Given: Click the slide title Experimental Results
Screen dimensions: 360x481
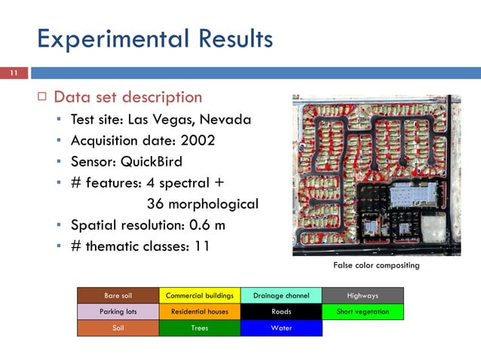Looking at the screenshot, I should tap(155, 38).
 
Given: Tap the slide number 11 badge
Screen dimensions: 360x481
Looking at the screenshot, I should tap(13, 73).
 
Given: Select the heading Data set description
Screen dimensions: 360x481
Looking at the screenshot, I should tap(127, 97).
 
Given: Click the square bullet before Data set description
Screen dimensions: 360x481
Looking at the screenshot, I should tap(42, 97).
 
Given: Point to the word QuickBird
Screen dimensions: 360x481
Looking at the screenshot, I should tap(153, 161).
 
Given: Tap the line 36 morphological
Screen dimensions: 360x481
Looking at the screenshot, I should tap(202, 203).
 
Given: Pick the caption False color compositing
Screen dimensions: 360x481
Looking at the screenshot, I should tap(376, 266).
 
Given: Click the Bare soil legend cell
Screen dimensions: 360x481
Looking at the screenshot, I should tap(118, 295).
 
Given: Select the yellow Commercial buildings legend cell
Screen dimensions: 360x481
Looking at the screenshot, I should tap(200, 295).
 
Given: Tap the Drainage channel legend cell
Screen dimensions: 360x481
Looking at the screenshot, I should tap(281, 295).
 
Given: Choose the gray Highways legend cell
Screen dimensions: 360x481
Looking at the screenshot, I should tap(363, 295).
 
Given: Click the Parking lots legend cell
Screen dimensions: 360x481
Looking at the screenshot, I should tap(118, 312).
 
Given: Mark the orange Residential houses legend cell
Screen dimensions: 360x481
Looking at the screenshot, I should tap(200, 312).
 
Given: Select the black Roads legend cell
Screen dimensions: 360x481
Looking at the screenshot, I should tap(281, 312).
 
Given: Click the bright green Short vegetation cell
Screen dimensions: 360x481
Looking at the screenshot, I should tap(363, 312).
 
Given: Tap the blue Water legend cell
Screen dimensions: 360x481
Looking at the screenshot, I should tap(281, 328).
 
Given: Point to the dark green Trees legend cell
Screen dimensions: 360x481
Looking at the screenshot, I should tap(200, 328).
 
